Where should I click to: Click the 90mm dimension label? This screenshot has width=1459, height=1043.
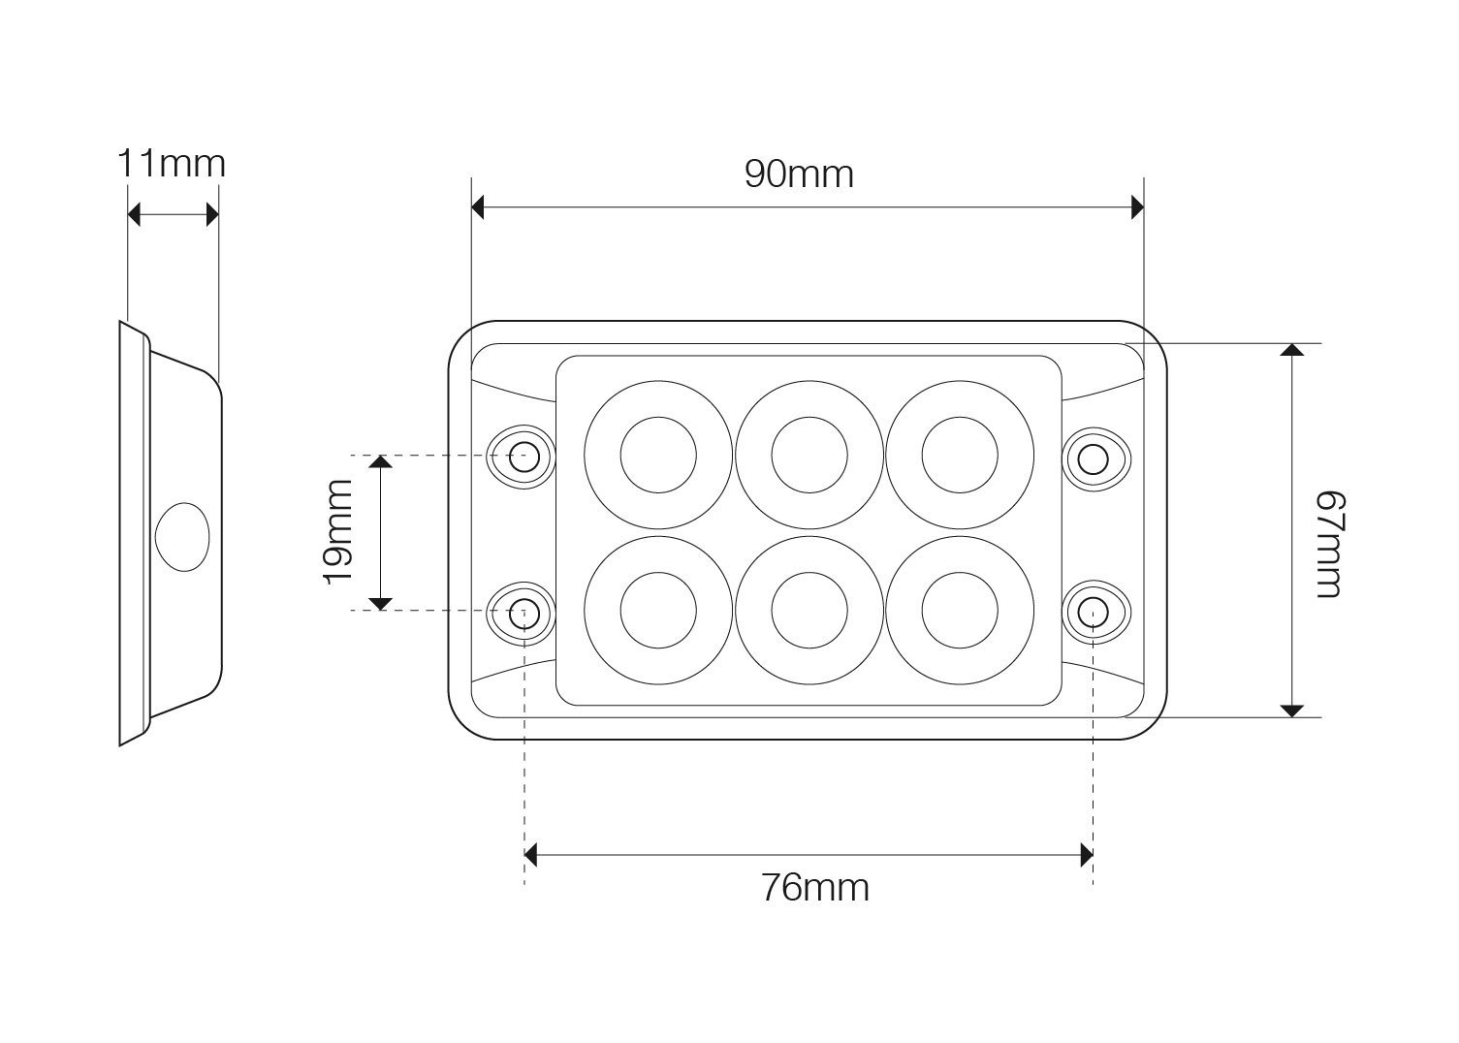click(799, 174)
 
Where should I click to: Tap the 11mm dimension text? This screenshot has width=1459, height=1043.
click(172, 164)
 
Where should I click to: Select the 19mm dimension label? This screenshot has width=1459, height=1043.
click(338, 532)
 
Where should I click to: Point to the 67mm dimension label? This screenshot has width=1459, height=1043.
click(1330, 544)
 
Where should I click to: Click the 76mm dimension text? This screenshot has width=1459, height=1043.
click(815, 888)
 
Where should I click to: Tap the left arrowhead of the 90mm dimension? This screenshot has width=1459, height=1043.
click(477, 207)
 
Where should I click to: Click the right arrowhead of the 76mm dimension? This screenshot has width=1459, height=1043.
click(1087, 855)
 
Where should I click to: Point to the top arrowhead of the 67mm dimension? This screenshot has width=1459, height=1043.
click(1291, 350)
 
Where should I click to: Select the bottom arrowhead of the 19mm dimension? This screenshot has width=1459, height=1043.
click(380, 604)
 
